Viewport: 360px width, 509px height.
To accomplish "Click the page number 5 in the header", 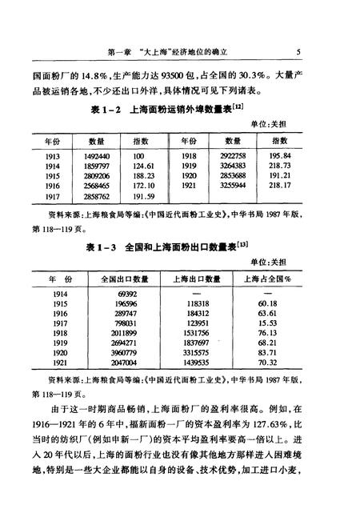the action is point(298,53).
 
